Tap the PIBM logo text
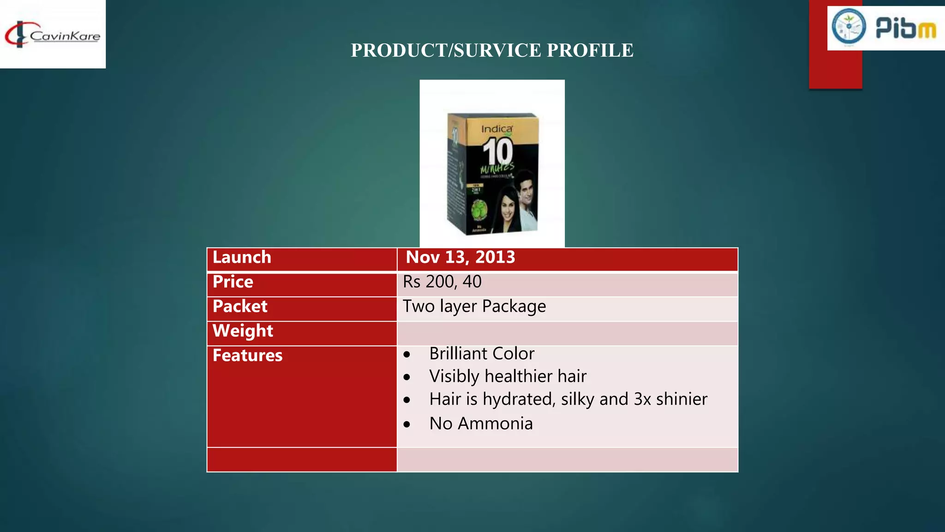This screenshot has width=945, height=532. click(906, 28)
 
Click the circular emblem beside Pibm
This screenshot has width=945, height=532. click(849, 26)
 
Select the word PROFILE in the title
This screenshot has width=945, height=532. click(590, 50)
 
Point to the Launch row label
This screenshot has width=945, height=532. click(242, 257)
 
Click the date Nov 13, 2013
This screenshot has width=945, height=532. click(460, 257)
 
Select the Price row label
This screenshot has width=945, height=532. click(233, 282)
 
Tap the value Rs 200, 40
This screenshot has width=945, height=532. click(442, 282)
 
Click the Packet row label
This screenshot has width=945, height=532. click(240, 307)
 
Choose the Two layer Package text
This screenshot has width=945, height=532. click(474, 307)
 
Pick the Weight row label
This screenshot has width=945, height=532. click(243, 331)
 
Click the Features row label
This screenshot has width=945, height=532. click(247, 356)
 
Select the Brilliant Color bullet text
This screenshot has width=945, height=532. click(482, 354)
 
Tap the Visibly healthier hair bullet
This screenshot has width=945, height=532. click(508, 376)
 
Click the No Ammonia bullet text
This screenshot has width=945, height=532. click(481, 423)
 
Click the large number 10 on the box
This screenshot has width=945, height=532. click(497, 151)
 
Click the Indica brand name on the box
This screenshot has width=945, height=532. click(496, 129)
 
